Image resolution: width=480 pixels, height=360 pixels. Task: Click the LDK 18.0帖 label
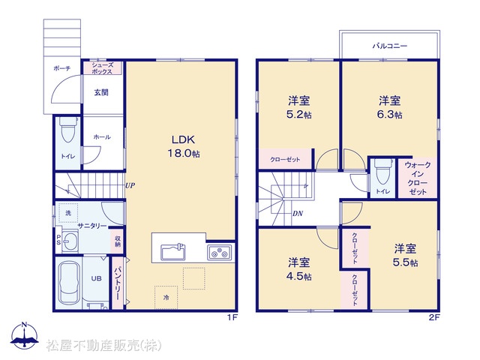coord(183,146)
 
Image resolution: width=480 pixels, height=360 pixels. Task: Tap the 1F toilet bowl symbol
coord(68,130)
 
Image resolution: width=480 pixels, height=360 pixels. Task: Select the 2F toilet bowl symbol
coord(383,172)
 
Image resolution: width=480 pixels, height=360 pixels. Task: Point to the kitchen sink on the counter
coord(173,251)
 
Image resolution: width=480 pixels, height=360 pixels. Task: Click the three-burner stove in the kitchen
coord(220,252)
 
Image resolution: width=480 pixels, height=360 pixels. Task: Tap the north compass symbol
coord(25,335)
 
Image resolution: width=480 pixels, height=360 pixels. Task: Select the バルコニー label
coord(390,46)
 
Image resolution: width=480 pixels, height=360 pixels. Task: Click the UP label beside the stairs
coord(130,185)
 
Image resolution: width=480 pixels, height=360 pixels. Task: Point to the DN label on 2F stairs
coord(298,213)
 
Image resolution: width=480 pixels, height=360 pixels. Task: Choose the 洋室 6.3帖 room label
coord(390,107)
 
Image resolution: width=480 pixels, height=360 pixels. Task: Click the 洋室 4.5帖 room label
coord(298,269)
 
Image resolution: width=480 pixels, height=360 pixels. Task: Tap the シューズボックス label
coord(103,68)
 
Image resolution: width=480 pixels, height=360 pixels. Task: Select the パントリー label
coord(118,283)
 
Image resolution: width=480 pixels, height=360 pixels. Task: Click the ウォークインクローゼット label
coord(418,178)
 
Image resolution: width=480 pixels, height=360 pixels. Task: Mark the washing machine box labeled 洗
coord(68,213)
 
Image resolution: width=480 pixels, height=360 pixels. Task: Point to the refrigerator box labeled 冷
coord(166,297)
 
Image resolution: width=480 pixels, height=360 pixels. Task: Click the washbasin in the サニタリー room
coord(70,241)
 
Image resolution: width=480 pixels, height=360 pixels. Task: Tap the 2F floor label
coord(433,317)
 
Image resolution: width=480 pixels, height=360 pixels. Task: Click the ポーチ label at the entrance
coord(62,68)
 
